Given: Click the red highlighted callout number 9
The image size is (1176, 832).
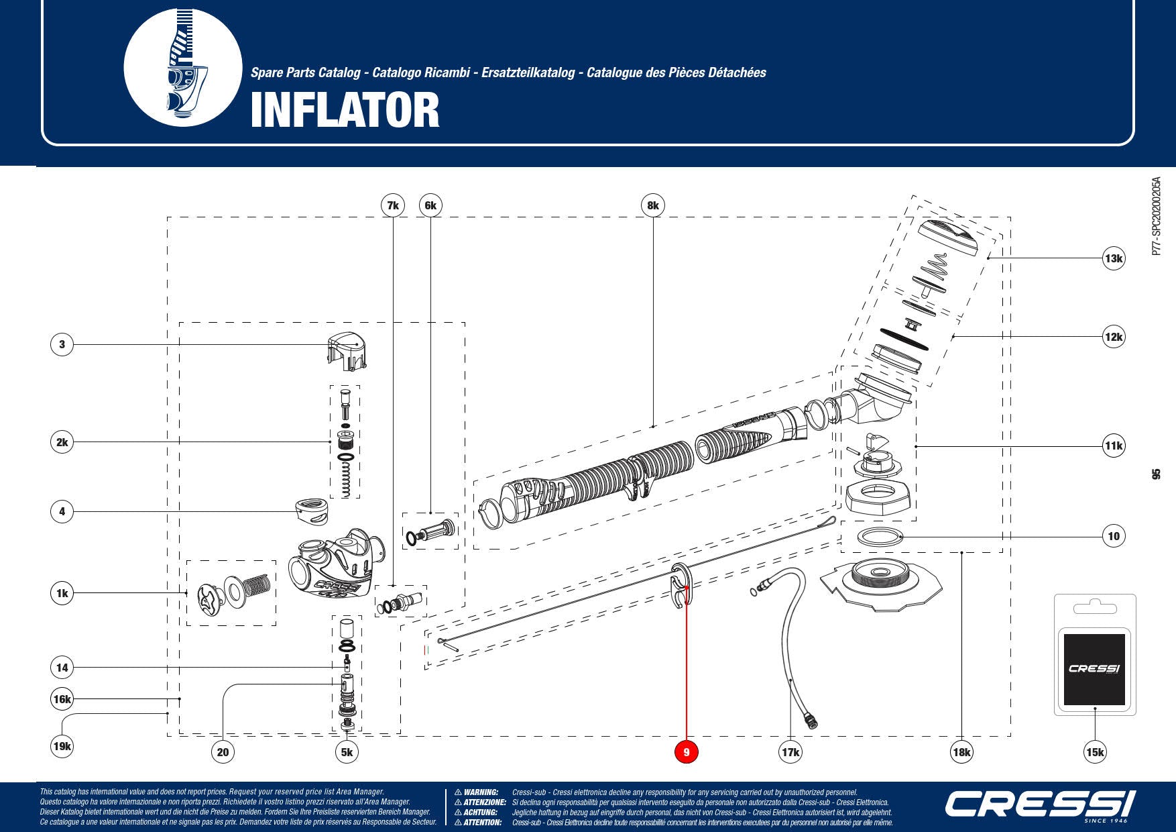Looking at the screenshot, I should (686, 752).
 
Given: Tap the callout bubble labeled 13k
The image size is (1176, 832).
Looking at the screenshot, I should (1114, 258).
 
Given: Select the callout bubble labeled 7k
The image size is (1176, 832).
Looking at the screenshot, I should (393, 205).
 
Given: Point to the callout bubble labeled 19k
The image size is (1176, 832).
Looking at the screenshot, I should (62, 746).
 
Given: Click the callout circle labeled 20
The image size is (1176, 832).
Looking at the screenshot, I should (223, 752).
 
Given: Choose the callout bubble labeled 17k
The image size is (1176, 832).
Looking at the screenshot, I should (790, 752).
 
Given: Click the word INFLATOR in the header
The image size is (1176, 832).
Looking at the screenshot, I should (345, 111).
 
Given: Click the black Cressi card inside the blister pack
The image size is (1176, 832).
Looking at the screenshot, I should (1094, 668).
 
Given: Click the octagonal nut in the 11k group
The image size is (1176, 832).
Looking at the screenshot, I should (879, 497).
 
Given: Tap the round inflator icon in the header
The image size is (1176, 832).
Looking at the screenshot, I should (182, 67).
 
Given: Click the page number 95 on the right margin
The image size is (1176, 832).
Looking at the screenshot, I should (1155, 474).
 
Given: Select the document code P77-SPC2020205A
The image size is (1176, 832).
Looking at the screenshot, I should (1155, 216).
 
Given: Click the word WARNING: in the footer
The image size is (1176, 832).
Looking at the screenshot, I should (481, 792).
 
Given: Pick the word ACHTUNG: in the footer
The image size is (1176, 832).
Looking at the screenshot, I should (480, 813).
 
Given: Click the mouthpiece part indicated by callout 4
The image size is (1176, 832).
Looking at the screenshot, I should (312, 511).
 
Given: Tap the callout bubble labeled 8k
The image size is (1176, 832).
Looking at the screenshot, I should (653, 205).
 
